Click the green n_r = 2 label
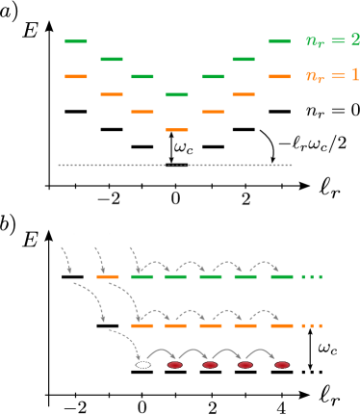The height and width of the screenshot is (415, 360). click(x=332, y=40)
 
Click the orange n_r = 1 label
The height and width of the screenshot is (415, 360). click(x=332, y=75)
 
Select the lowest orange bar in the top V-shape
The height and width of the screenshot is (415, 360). click(x=177, y=129)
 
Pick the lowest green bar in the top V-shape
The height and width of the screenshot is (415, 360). click(x=177, y=94)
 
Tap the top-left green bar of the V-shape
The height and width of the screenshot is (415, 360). click(x=76, y=41)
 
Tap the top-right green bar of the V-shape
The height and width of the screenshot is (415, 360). click(x=279, y=41)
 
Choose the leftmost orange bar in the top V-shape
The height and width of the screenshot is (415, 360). click(x=76, y=76)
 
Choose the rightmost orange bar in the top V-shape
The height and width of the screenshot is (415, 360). click(x=279, y=76)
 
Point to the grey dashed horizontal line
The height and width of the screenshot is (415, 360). click(x=174, y=165)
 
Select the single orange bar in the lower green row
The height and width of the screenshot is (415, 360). click(x=108, y=276)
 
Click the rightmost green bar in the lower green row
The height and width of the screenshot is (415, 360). click(x=282, y=276)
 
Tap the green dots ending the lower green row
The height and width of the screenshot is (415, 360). click(x=312, y=276)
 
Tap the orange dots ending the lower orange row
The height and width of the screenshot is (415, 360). click(x=312, y=325)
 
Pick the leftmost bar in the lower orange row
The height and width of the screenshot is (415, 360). click(x=142, y=325)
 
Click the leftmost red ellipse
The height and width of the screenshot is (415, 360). click(x=175, y=365)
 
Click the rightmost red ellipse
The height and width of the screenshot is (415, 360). click(x=282, y=365)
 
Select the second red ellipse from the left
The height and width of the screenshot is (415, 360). click(x=210, y=365)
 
